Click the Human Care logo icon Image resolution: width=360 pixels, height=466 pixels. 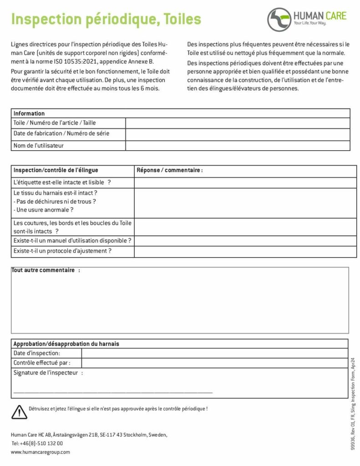click(x=279, y=19)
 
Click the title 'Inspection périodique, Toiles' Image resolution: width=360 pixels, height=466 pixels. click(x=106, y=19)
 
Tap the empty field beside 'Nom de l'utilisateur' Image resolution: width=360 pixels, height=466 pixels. click(x=238, y=146)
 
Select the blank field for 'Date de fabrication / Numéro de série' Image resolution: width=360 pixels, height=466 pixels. click(x=238, y=134)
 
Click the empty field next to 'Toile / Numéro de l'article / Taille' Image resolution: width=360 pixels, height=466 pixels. click(x=238, y=123)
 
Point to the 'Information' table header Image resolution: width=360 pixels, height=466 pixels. click(x=29, y=113)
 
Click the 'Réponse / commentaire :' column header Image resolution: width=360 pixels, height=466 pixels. click(x=169, y=170)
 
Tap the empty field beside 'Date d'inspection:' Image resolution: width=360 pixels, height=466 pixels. click(x=214, y=353)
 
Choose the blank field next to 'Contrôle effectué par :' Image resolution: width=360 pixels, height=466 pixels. click(x=214, y=363)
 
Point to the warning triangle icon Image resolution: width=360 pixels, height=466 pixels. click(x=19, y=411)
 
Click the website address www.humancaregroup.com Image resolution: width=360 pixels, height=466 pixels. click(x=41, y=452)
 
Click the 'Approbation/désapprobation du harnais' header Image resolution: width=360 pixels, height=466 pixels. click(x=66, y=344)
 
